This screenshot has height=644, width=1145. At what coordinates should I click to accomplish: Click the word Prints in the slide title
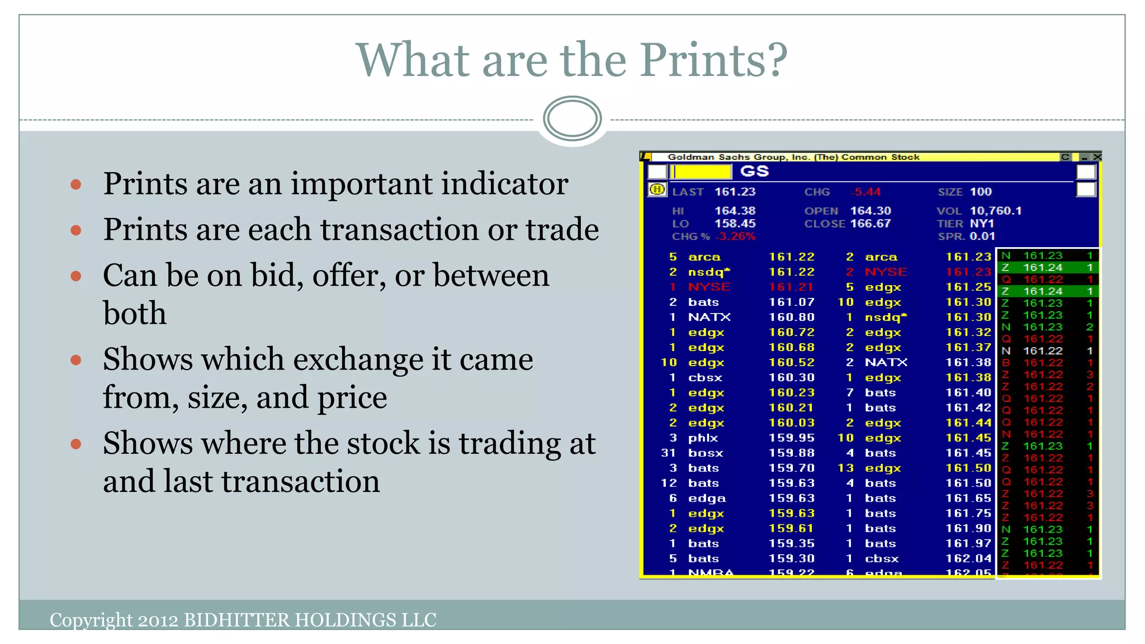coord(713,60)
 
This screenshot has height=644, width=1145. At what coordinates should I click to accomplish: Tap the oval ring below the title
coord(572,119)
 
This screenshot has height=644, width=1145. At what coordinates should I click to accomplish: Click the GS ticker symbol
coord(754,171)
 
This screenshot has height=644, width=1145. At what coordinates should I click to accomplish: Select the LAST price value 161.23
coord(735,192)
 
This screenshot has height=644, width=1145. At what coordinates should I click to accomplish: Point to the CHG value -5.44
coord(865,192)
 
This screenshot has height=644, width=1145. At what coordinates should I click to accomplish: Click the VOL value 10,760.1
coord(995,211)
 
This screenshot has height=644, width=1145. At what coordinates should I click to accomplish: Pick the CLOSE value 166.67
coord(870,224)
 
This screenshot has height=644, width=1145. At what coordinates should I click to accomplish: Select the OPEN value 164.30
coord(870,211)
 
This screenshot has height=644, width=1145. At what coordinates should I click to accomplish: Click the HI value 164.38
coord(735,211)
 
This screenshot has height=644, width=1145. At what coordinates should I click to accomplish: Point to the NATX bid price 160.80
coord(791,317)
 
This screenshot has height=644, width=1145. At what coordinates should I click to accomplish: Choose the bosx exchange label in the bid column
coord(706,453)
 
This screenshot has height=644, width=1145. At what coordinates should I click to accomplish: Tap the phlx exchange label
coord(703,438)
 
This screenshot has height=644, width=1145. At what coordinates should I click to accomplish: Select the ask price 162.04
coord(968,558)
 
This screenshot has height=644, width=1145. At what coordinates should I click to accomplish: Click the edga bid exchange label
coord(707,498)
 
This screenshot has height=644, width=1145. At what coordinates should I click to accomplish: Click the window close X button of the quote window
coord(1097,157)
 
